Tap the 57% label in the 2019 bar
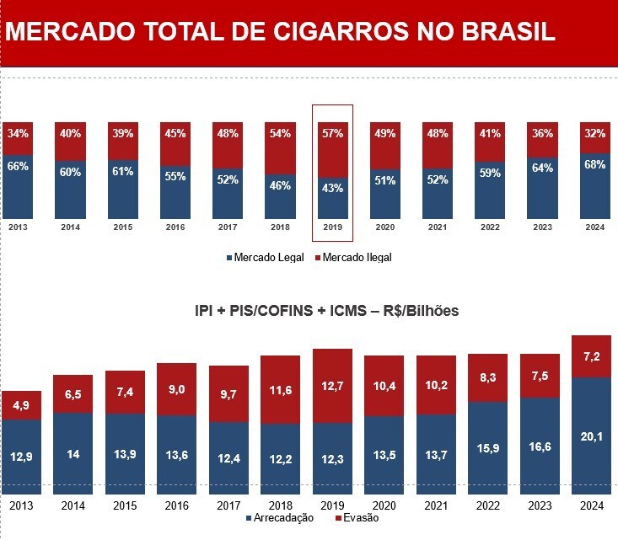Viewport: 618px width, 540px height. pos(332,134)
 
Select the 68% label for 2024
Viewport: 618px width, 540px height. pos(595,164)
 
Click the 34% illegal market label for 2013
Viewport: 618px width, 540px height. pos(19,133)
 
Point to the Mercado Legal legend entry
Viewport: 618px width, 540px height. pos(269,257)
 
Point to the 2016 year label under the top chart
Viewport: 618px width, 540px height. pos(175,227)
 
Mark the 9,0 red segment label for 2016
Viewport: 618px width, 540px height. pos(177,388)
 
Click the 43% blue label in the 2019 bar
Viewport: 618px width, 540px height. pos(332,189)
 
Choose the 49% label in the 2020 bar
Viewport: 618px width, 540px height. pos(384,133)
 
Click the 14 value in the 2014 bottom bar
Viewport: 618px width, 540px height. pos(73,455)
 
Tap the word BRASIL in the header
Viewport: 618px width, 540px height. pos(506,32)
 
